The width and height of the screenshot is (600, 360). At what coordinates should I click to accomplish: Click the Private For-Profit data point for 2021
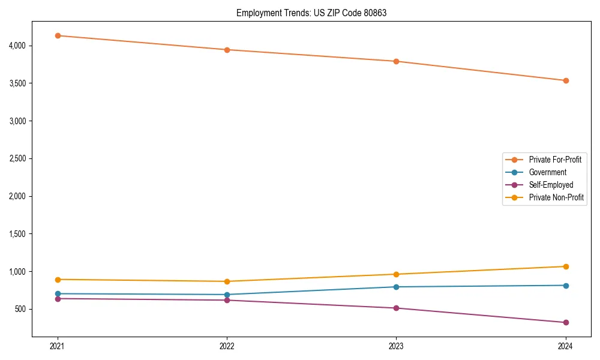[58, 35]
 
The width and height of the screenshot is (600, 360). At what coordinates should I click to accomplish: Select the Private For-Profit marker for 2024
[565, 80]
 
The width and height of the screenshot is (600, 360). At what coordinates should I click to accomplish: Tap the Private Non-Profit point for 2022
[227, 281]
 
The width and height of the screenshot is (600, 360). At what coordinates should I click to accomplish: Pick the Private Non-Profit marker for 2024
[565, 266]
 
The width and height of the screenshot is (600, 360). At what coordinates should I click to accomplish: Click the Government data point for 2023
[396, 287]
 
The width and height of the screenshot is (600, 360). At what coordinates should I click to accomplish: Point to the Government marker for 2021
[58, 293]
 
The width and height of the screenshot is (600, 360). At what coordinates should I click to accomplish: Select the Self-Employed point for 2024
[565, 322]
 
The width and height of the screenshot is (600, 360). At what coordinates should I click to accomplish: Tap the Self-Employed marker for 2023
[396, 308]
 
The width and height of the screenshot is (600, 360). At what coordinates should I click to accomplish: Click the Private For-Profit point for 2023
[396, 61]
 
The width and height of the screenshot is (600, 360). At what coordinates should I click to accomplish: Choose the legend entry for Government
[547, 172]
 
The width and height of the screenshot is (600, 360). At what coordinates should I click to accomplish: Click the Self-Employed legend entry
[551, 185]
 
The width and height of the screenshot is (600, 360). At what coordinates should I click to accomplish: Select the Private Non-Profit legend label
[556, 197]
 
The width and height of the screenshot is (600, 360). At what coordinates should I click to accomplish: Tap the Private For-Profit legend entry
[555, 160]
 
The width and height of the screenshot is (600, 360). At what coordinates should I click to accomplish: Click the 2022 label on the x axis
[227, 346]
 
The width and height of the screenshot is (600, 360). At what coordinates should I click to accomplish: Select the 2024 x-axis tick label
[565, 346]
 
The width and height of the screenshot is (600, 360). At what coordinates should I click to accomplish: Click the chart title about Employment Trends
[311, 13]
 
